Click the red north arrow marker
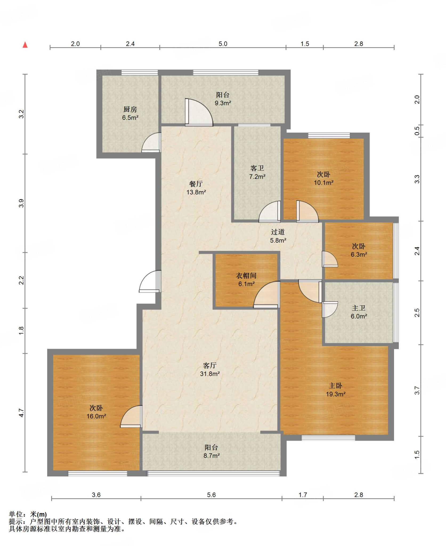(25, 45)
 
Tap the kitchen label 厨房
(130, 109)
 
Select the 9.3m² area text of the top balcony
(223, 103)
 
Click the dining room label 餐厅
(196, 184)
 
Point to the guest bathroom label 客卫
(257, 168)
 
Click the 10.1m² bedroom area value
(323, 183)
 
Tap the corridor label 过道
(278, 232)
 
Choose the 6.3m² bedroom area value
(359, 254)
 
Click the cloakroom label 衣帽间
(246, 275)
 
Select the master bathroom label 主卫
(359, 308)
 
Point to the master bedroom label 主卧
(335, 386)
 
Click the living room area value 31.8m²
(210, 374)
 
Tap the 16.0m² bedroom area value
(96, 416)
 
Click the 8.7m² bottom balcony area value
(212, 456)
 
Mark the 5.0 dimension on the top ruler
(223, 44)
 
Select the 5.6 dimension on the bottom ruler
(211, 495)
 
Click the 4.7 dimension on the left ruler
(21, 413)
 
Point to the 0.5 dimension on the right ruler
(417, 131)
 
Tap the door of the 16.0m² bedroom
(131, 416)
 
